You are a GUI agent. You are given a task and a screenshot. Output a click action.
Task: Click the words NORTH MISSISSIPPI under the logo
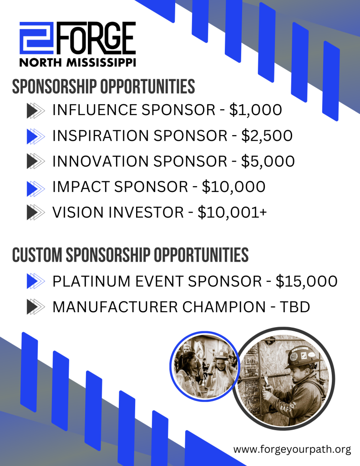pos(77,62)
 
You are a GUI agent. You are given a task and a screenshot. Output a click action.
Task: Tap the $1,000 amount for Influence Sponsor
pos(255,110)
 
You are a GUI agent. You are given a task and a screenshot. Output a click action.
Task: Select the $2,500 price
pos(267,136)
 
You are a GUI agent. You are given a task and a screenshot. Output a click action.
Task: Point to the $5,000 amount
pos(268,162)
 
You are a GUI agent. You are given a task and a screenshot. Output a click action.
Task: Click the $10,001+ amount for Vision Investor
pos(232,213)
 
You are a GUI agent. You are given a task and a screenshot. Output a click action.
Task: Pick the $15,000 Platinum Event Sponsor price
pos(306,281)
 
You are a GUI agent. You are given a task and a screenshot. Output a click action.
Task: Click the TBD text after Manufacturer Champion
pos(295,307)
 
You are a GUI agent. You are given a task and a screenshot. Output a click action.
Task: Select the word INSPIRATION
pos(101,136)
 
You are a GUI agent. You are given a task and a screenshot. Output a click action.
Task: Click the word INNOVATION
pos(101,162)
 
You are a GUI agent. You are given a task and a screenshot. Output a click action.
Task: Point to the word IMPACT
pos(81,187)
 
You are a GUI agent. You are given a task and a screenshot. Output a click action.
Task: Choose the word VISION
pos(78,213)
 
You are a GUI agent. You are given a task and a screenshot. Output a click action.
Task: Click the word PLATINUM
pos(91,281)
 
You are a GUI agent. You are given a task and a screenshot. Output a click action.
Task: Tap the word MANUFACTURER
pos(114,307)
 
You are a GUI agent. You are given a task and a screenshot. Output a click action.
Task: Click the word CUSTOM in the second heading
pos(37,255)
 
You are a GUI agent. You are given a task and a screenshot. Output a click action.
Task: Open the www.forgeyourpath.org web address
pos(292,449)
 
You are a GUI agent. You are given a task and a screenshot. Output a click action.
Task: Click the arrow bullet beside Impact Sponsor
pos(35,188)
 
